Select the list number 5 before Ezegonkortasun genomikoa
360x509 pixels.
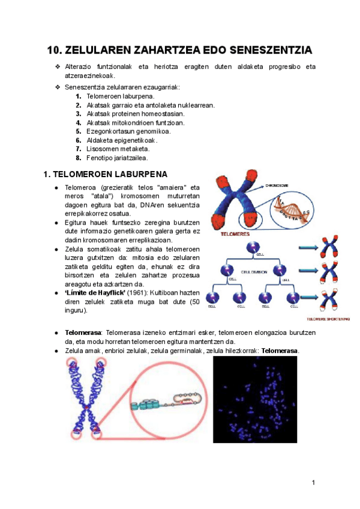coord(79,131)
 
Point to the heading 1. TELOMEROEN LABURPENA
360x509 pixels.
coord(106,175)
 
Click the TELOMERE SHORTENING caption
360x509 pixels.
coord(327,319)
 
